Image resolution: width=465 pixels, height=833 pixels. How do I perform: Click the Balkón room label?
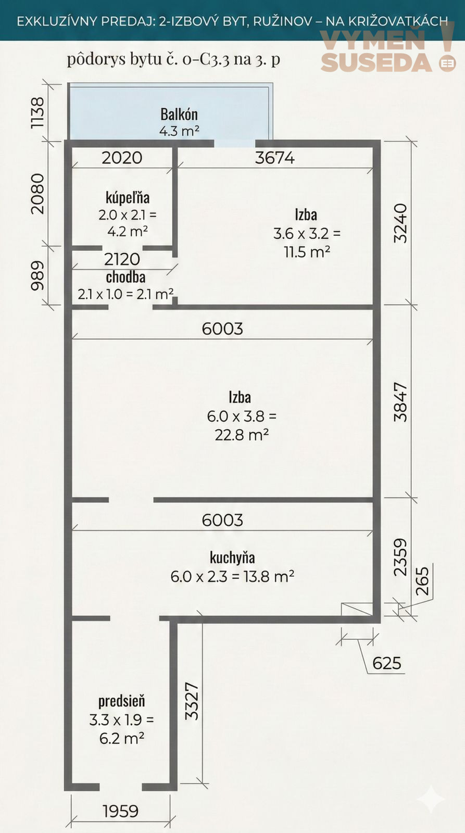click(x=179, y=114)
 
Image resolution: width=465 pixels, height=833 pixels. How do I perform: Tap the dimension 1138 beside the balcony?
click(x=37, y=112)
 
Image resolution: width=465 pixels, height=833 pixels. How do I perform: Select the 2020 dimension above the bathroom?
click(x=122, y=158)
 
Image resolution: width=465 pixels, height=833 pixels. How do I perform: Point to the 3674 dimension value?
click(x=275, y=158)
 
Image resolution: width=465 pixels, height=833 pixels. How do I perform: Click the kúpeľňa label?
click(x=128, y=197)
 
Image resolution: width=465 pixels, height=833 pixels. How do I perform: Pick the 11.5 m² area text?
click(x=307, y=252)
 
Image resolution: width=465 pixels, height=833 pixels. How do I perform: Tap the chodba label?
click(x=125, y=277)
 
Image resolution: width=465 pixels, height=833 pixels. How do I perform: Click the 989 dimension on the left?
click(x=37, y=275)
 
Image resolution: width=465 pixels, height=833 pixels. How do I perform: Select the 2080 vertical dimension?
click(x=37, y=194)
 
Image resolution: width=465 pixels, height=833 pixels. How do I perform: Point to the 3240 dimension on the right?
click(x=400, y=223)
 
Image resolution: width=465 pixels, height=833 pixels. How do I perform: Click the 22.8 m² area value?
click(x=242, y=434)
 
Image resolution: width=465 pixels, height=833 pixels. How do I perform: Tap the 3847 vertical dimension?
click(x=400, y=402)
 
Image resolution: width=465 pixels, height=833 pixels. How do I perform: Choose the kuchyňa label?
click(x=232, y=558)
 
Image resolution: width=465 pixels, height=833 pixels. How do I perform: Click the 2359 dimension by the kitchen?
click(x=400, y=558)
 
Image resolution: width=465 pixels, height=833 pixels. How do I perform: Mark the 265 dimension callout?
click(x=422, y=581)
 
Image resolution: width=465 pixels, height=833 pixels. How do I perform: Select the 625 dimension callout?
click(x=387, y=663)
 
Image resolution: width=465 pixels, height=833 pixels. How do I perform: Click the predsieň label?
click(x=122, y=701)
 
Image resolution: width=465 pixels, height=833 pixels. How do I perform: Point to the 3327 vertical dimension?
click(x=192, y=701)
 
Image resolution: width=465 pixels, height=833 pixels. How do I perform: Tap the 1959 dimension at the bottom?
click(x=120, y=811)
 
